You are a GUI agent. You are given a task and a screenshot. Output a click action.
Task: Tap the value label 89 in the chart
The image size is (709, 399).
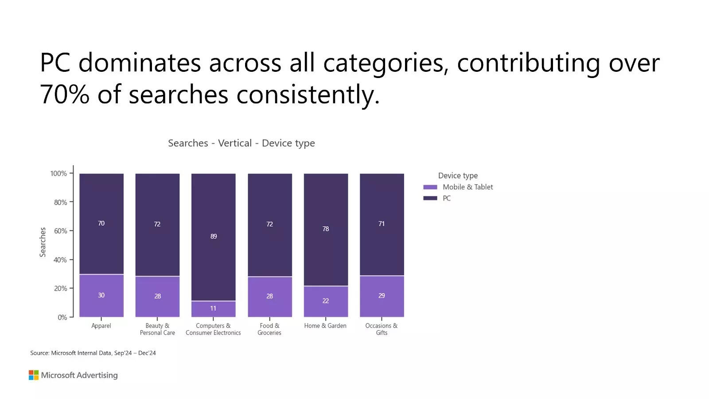(x=214, y=236)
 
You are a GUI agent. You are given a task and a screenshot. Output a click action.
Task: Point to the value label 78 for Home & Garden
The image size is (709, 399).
(x=326, y=229)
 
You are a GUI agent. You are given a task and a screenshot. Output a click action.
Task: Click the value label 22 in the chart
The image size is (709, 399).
(x=326, y=301)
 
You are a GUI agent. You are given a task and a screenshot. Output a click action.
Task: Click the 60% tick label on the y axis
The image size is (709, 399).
(x=60, y=231)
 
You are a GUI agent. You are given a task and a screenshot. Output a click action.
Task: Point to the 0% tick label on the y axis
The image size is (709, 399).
(x=62, y=317)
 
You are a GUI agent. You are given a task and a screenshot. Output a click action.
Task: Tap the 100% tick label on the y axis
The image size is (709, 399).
(x=58, y=173)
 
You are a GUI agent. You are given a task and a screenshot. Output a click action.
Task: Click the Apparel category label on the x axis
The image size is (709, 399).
(x=101, y=326)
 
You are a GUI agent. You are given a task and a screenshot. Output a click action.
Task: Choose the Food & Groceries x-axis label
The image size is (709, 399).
(x=269, y=329)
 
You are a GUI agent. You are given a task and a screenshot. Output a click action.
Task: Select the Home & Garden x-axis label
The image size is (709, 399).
(x=325, y=326)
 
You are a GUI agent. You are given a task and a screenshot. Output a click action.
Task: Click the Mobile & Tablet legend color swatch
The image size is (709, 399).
(x=430, y=187)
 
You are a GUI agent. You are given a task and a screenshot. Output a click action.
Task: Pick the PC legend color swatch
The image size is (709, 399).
(x=430, y=198)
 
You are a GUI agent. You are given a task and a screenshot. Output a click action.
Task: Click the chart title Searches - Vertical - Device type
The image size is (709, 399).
(x=242, y=143)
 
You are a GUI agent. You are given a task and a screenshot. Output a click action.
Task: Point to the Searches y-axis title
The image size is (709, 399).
(x=43, y=242)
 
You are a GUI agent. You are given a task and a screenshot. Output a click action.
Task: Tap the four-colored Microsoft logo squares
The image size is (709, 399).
(x=34, y=375)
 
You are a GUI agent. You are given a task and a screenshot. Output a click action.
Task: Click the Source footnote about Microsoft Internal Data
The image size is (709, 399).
(x=93, y=353)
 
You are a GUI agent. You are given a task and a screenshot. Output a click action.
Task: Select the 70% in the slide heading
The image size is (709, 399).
(x=65, y=94)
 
